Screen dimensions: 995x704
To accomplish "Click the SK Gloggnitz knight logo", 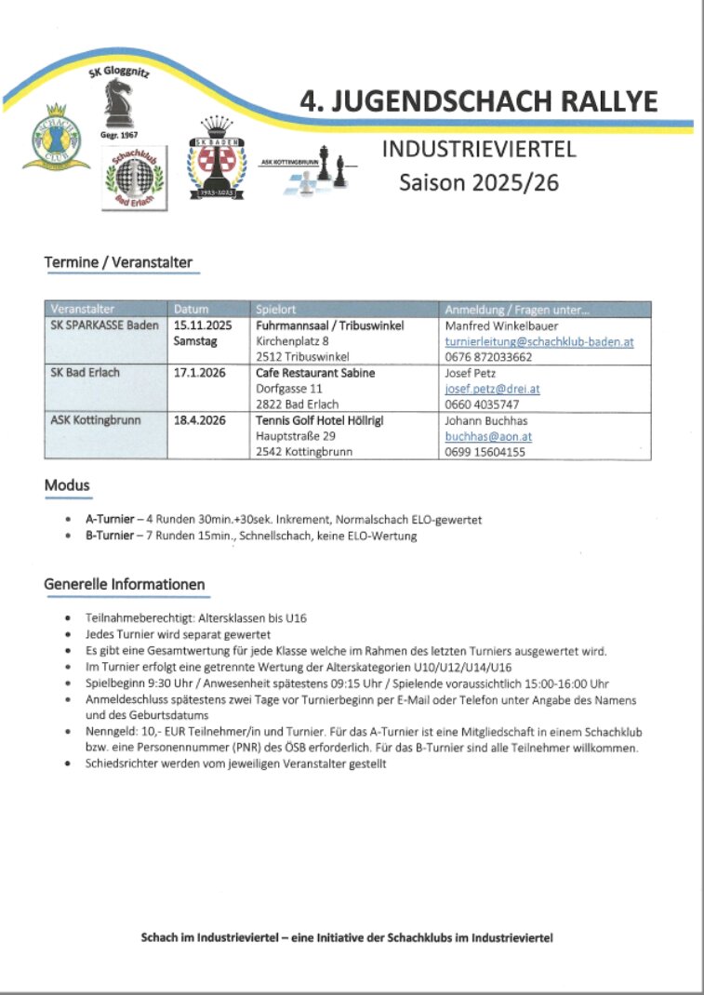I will point(118,103).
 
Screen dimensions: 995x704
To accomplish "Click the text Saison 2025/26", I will point(479,182).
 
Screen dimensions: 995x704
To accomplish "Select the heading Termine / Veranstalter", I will point(118,263).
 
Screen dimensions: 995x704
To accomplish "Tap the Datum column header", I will point(192,309).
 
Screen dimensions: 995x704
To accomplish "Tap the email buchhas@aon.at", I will point(488,436).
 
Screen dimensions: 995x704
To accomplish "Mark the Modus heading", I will point(67,485).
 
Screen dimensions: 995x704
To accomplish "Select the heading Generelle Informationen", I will point(125,585).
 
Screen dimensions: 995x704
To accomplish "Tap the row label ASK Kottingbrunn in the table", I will point(96,420).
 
